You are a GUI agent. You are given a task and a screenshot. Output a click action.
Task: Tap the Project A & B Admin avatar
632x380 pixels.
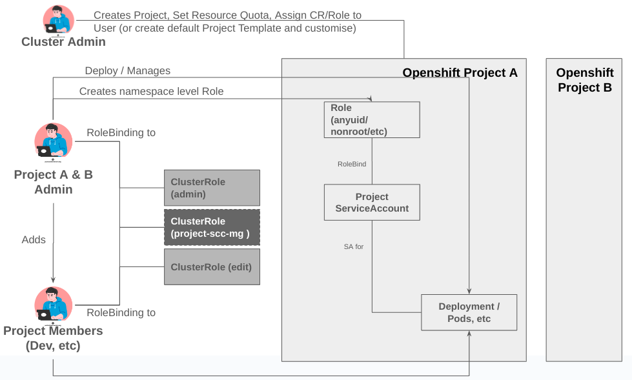pyautogui.click(x=53, y=141)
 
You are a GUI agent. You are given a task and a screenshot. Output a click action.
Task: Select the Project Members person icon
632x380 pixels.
pyautogui.click(x=53, y=305)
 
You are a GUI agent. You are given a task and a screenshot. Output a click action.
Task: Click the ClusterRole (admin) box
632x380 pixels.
pyautogui.click(x=212, y=188)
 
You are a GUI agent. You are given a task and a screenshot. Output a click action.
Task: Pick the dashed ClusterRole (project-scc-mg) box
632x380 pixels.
pyautogui.click(x=212, y=227)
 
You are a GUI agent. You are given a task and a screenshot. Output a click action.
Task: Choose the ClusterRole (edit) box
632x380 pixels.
pyautogui.click(x=212, y=267)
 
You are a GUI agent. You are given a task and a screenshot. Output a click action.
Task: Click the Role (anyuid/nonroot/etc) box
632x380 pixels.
pyautogui.click(x=372, y=119)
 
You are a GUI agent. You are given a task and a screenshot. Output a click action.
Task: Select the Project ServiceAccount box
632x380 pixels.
pyautogui.click(x=372, y=203)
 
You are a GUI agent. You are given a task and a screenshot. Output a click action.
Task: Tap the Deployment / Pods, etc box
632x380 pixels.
pyautogui.click(x=469, y=312)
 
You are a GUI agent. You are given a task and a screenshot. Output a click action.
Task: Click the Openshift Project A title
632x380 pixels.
pyautogui.click(x=460, y=73)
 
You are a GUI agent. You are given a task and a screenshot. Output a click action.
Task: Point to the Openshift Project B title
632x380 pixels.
pyautogui.click(x=584, y=80)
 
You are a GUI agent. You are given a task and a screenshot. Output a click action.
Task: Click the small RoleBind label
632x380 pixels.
pyautogui.click(x=352, y=164)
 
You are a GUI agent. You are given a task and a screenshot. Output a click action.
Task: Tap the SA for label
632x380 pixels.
pyautogui.click(x=354, y=246)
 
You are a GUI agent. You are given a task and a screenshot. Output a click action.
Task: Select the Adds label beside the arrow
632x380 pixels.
pyautogui.click(x=34, y=240)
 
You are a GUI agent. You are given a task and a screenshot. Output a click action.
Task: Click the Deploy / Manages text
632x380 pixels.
pyautogui.click(x=128, y=70)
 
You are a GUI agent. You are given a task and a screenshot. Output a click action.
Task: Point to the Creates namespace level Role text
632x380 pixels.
pyautogui.click(x=151, y=92)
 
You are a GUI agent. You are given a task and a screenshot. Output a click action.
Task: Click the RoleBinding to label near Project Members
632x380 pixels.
pyautogui.click(x=121, y=313)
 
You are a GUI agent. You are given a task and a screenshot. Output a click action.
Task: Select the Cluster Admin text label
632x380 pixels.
pyautogui.click(x=63, y=42)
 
